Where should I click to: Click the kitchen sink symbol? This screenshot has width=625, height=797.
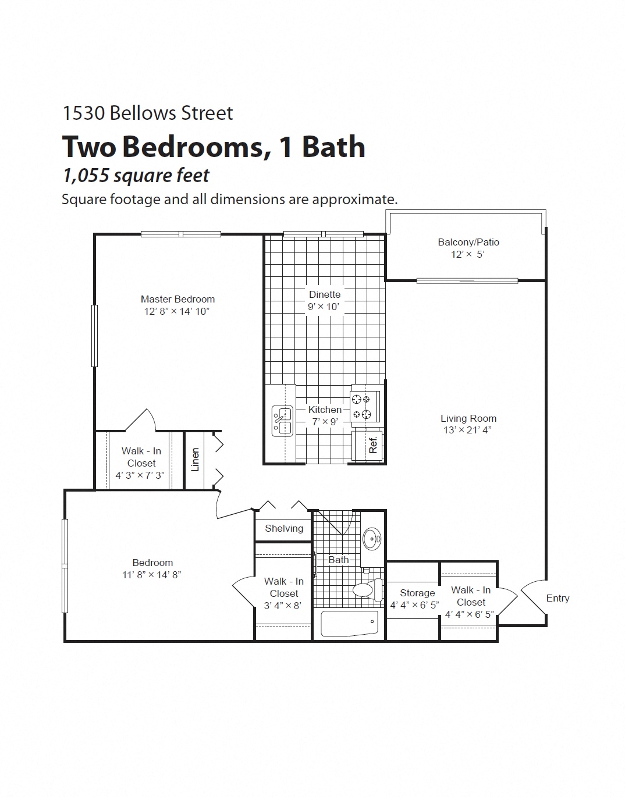tap(282, 420)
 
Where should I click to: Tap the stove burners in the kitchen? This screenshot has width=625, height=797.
tap(365, 406)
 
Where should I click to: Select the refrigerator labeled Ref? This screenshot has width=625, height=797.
tap(372, 445)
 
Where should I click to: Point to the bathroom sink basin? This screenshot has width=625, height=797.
tap(371, 539)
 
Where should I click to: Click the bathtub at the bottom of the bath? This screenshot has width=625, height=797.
tap(349, 624)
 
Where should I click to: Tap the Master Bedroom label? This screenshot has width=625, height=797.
tap(177, 299)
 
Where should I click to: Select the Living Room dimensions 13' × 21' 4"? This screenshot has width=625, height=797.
tap(468, 430)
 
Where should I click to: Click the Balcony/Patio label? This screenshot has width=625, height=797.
tap(468, 242)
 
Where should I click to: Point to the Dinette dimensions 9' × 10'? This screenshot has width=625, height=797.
tap(324, 307)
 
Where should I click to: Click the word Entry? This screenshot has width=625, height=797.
tap(557, 598)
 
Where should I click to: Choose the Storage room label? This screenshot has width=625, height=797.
tap(417, 593)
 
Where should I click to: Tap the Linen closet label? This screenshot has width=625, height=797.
tap(196, 460)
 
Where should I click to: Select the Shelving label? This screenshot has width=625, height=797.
tap(284, 528)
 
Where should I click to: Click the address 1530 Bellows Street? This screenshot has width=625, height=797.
tap(147, 113)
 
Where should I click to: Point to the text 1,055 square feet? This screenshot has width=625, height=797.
tap(136, 175)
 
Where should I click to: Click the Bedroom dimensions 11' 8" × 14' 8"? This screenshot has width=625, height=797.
tap(152, 575)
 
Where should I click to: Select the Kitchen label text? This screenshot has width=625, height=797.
tap(325, 410)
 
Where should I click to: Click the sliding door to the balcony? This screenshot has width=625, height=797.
tap(467, 281)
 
